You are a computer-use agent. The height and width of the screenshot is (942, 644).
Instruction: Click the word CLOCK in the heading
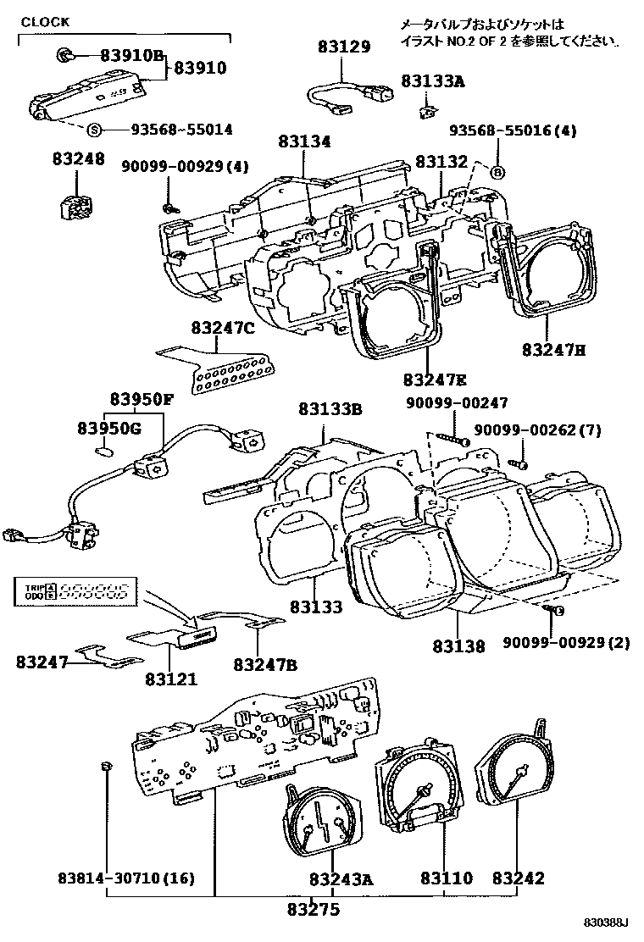[x=45, y=22]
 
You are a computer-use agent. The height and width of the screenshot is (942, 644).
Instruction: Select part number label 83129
[x=344, y=47]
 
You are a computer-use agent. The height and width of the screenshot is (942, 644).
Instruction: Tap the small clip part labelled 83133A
[x=429, y=110]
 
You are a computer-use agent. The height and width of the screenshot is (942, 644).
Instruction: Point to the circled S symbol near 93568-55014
[x=95, y=130]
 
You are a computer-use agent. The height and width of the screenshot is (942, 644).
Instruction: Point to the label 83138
[x=458, y=646]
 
